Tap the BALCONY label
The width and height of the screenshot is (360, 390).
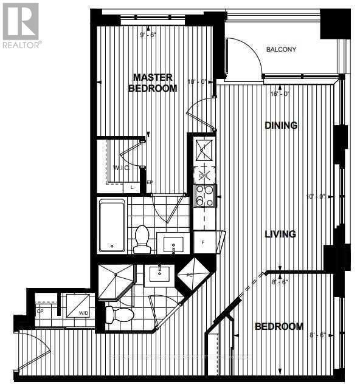point(282,50)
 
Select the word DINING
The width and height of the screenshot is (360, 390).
point(281,126)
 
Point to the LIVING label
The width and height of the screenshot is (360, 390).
point(280,234)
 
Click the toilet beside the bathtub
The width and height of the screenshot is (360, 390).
point(142,239)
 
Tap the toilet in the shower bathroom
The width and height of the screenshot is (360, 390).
point(119,313)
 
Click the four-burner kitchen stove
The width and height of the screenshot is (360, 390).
point(202,195)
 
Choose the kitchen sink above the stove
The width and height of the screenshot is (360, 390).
point(203,147)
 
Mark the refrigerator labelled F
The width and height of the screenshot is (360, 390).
point(202,241)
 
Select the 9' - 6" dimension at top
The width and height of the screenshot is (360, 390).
point(148,35)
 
